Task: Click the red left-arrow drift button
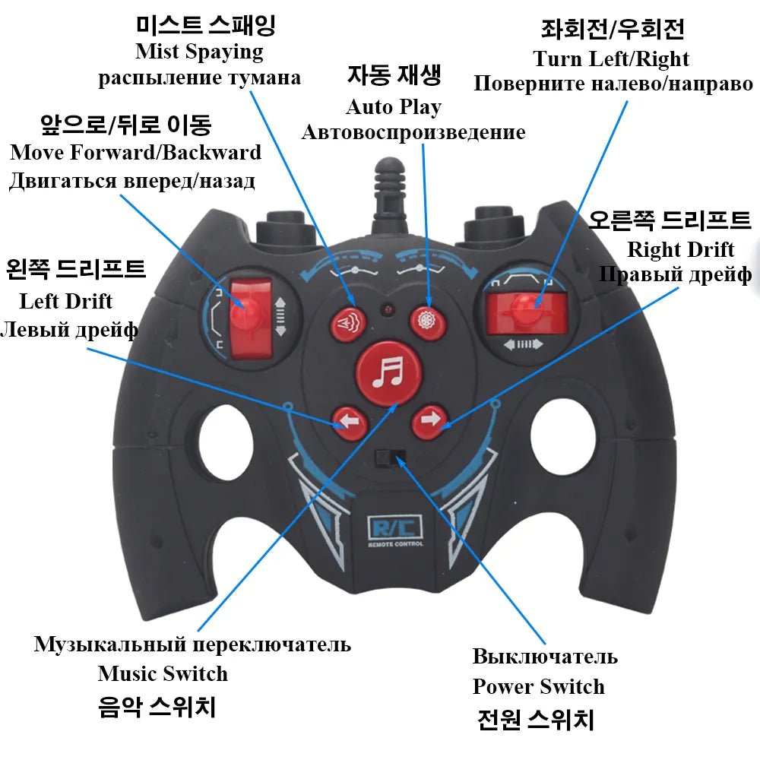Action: pos(349,420)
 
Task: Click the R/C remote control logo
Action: pos(395,529)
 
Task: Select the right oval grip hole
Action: pos(559,436)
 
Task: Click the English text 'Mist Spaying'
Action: pos(199,52)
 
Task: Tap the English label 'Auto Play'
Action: pos(393,106)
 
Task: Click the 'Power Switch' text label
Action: pos(538,686)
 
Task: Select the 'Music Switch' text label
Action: pos(163,673)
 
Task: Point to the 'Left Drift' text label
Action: pos(65,301)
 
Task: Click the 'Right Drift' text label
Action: pos(680,249)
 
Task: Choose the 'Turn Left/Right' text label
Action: pos(611,59)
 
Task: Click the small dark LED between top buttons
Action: pos(388,311)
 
